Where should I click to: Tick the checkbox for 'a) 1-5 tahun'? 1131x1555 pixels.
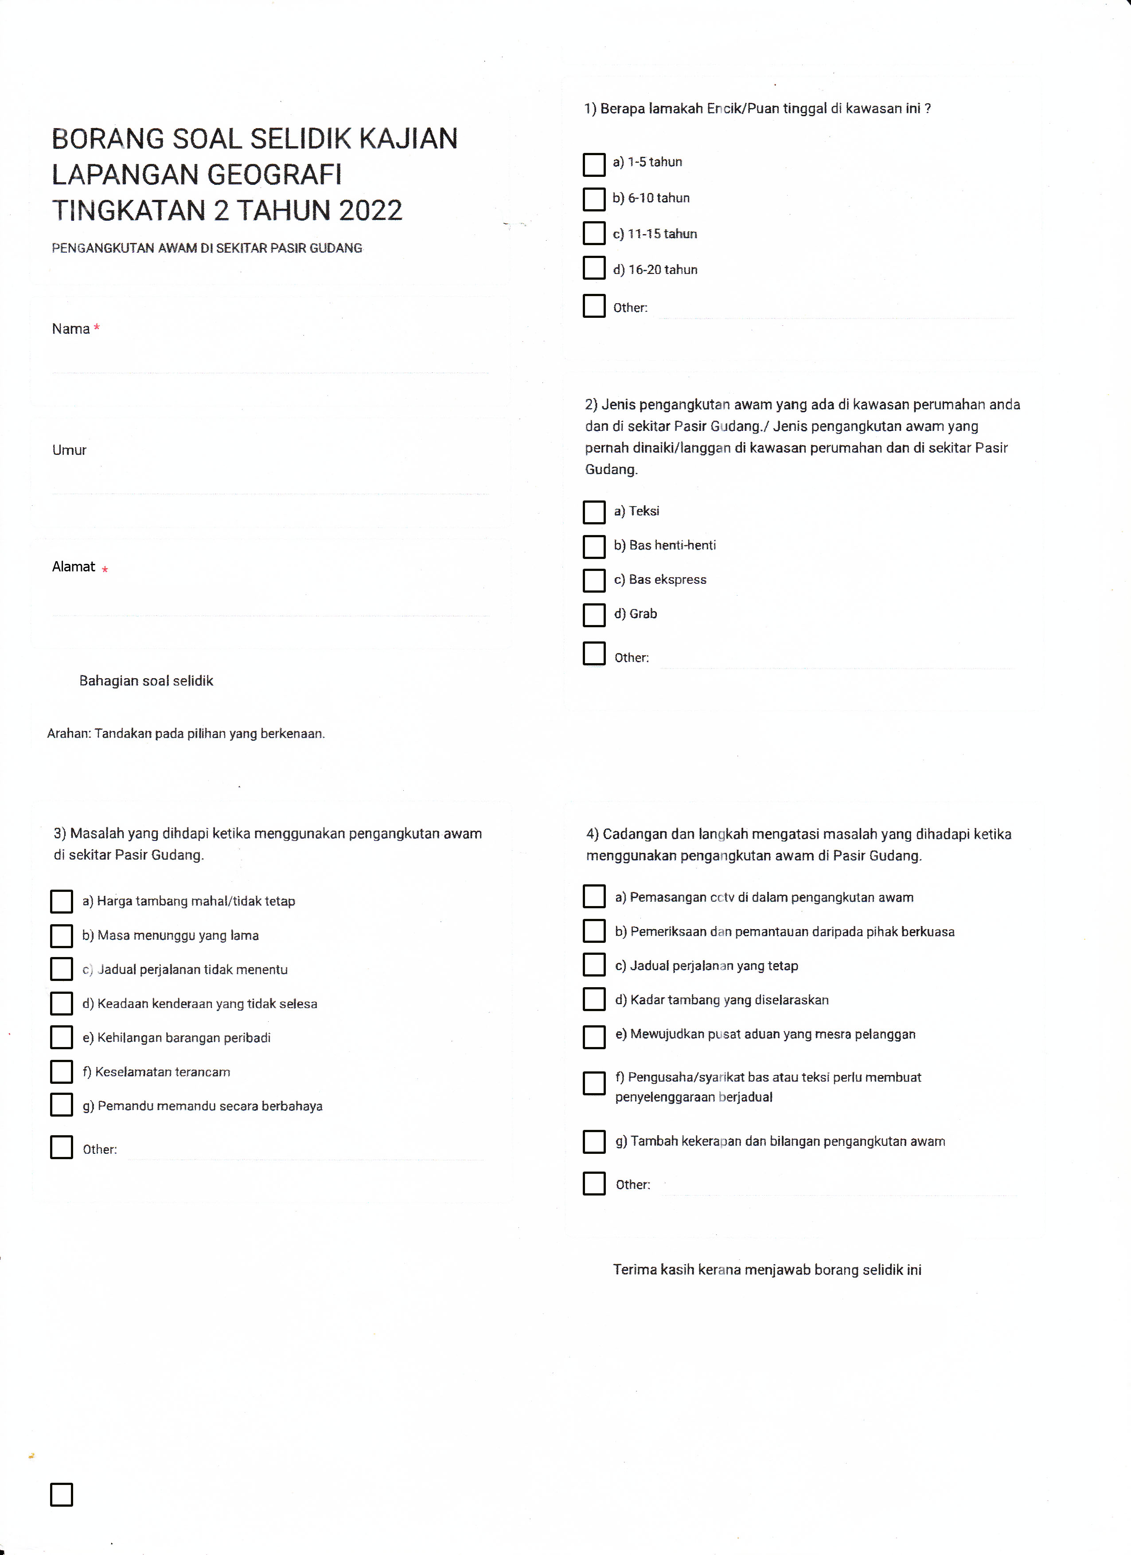[593, 164]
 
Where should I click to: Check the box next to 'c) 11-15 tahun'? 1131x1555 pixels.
[593, 233]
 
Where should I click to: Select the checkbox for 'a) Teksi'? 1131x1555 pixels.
[593, 512]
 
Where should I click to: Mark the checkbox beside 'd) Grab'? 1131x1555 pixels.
[593, 614]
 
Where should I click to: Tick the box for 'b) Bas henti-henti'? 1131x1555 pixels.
[593, 547]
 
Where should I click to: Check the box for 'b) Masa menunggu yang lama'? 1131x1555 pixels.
[62, 935]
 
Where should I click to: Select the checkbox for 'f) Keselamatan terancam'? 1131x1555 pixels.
[62, 1071]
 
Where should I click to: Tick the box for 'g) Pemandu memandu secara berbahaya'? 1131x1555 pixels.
[62, 1105]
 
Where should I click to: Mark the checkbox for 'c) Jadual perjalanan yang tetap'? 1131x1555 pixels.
[593, 965]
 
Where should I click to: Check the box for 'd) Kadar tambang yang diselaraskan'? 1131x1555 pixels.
[593, 999]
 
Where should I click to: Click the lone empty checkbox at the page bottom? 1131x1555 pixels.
[62, 1494]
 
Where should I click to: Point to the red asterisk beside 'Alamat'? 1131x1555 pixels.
[105, 569]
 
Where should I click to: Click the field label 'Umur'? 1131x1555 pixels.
[69, 450]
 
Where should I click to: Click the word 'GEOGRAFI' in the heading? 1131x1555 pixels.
[274, 175]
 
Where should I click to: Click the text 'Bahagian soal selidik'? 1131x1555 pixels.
[146, 681]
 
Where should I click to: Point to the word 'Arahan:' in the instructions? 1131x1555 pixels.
[69, 734]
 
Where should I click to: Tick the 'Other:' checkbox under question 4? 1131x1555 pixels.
[593, 1183]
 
